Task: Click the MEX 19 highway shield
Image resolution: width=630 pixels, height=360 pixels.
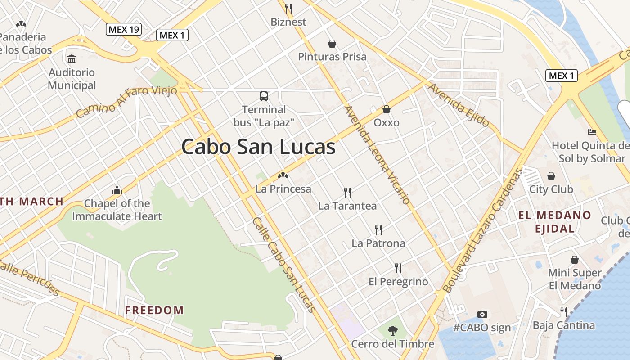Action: pos(124,30)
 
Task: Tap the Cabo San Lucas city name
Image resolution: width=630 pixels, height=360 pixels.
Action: pos(258,147)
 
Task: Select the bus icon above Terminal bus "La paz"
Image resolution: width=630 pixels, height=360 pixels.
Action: pos(264,96)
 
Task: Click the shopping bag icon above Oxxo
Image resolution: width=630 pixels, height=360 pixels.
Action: pos(386,109)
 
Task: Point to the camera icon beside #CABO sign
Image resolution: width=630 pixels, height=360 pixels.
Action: pos(482,314)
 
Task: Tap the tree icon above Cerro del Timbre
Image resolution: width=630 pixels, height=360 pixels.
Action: pos(393,331)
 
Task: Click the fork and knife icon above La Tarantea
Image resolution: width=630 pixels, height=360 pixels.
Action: pos(347,193)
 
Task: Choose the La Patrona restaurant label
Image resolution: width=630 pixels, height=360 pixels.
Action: pos(378,243)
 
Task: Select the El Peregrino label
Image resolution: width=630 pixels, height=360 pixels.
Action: pos(398,282)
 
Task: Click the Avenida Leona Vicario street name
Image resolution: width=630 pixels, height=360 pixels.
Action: pos(377,154)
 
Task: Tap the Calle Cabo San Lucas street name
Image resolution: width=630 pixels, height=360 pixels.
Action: pos(283,265)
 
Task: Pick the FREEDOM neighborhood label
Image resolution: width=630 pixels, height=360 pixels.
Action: pos(154,310)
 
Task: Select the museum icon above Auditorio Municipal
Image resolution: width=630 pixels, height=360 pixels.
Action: pos(72,59)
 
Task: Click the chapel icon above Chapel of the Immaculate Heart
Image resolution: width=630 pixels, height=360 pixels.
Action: pos(117,190)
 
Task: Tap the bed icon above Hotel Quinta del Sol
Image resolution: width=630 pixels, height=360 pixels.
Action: pos(592,132)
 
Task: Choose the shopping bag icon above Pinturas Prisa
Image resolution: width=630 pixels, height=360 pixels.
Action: pos(332,44)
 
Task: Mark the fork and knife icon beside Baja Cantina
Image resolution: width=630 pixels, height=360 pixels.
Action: pos(563,311)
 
